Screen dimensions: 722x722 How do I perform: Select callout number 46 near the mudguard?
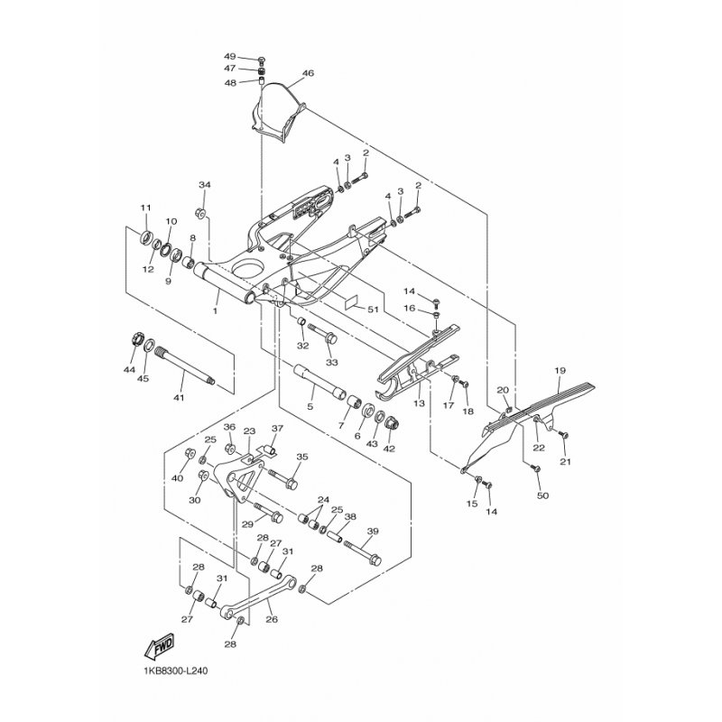click(308, 73)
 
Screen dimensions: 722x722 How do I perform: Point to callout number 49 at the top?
click(230, 57)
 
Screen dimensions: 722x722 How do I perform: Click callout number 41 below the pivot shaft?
click(178, 397)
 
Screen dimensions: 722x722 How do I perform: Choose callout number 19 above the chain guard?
click(560, 370)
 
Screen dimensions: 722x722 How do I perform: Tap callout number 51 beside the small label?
click(373, 310)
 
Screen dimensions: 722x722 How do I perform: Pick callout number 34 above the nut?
click(205, 185)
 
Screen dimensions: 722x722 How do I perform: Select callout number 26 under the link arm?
click(272, 619)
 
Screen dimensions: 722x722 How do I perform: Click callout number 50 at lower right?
click(543, 495)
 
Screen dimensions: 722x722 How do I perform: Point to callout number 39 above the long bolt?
click(373, 531)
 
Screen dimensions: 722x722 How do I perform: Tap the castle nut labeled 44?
click(134, 341)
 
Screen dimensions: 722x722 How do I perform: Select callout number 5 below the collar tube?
click(310, 407)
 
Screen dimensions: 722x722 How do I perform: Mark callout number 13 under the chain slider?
click(419, 403)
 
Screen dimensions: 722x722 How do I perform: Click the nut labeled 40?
click(189, 452)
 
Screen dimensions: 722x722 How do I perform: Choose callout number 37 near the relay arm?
click(277, 429)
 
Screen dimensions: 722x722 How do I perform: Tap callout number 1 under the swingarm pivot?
click(215, 311)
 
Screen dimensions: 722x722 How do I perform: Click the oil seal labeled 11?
click(146, 238)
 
